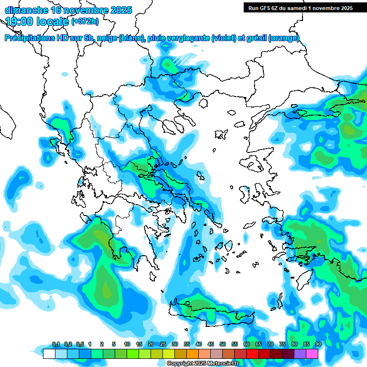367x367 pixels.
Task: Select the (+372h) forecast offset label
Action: [x=85, y=22]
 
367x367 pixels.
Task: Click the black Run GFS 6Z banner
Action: [x=300, y=8]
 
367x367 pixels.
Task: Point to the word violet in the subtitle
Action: [x=223, y=39]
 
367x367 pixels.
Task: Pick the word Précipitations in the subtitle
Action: [x=29, y=39]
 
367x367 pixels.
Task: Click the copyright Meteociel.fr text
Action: [x=203, y=364]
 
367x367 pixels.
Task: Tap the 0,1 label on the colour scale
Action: [x=56, y=345]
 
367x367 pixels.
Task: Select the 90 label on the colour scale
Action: [x=318, y=345]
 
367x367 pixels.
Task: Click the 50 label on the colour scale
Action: [x=222, y=345]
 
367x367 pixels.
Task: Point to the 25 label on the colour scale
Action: [x=162, y=345]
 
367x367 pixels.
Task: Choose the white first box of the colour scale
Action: [x=49, y=354]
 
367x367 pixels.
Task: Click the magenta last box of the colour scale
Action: [x=312, y=354]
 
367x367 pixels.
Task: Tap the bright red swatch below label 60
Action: [x=252, y=354]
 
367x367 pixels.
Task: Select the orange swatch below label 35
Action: [x=193, y=354]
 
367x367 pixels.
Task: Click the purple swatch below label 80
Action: [x=300, y=354]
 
